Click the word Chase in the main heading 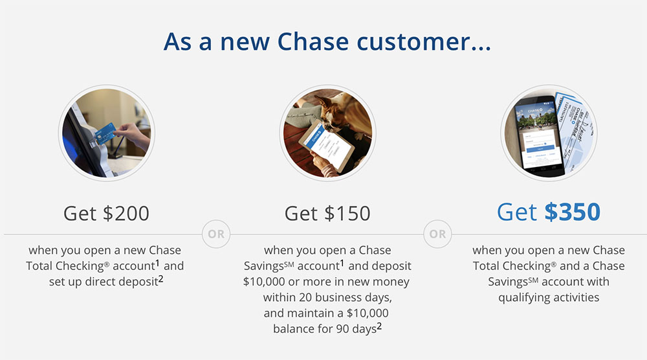click(x=313, y=41)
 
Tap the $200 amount click(x=126, y=214)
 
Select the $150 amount click(x=347, y=214)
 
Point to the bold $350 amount click(x=573, y=212)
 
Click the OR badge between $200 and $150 click(x=216, y=234)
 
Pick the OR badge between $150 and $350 click(x=438, y=234)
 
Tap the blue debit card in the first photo click(x=105, y=133)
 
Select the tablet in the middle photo click(x=327, y=145)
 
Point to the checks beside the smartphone click(x=576, y=128)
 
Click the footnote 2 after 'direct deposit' click(x=161, y=279)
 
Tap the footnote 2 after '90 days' click(x=379, y=326)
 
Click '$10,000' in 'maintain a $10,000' click(x=367, y=313)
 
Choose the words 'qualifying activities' click(x=549, y=297)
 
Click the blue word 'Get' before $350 click(x=517, y=212)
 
